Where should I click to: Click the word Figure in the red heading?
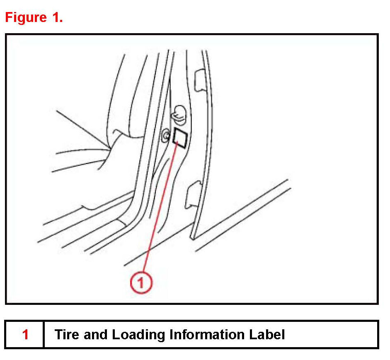tap(26, 18)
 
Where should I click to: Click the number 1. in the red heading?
tap(57, 17)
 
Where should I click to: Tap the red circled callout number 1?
tap(141, 282)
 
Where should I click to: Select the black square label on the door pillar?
tap(180, 138)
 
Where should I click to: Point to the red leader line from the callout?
tap(160, 208)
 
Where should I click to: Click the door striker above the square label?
tap(179, 114)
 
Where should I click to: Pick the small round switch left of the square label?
tap(165, 136)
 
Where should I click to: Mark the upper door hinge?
tap(200, 80)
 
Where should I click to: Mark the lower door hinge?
tap(194, 195)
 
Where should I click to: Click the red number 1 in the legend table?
tap(25, 334)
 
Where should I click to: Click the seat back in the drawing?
tap(124, 95)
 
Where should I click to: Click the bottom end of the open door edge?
tap(192, 238)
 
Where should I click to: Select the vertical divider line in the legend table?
tap(44, 334)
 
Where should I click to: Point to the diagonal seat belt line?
tap(82, 129)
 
